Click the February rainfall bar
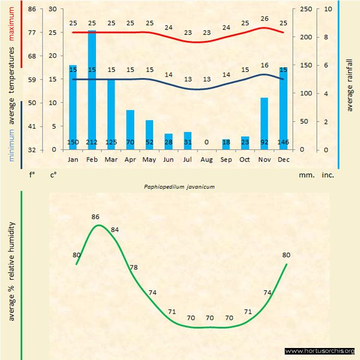tap(92, 87)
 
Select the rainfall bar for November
tap(265, 120)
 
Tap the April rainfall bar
tap(130, 128)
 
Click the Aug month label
tap(207, 159)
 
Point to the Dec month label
tap(284, 159)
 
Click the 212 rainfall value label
tap(92, 142)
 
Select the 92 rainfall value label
tap(265, 142)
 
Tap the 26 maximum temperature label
tap(265, 19)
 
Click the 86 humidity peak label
tap(95, 217)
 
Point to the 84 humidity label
tap(115, 229)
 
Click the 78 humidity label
tap(134, 267)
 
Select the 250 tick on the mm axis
tap(306, 9)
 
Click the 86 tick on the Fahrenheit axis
tap(32, 9)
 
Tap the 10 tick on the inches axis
tap(328, 9)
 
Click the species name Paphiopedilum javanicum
tap(179, 187)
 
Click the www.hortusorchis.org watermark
tap(320, 351)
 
